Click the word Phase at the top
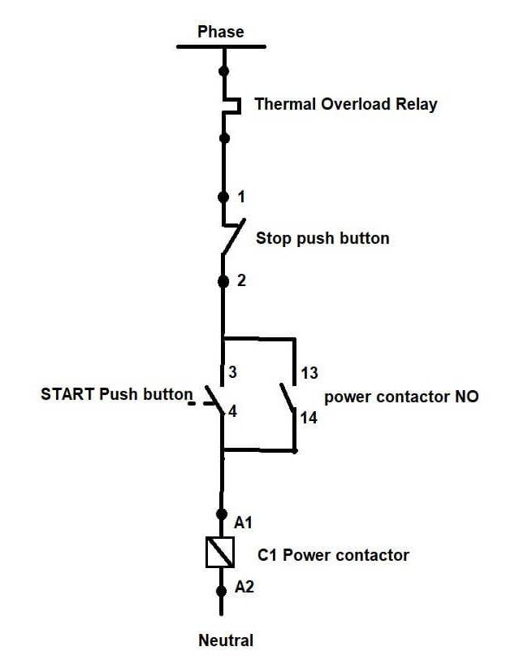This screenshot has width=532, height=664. pyautogui.click(x=220, y=32)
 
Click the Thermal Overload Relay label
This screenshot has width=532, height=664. pyautogui.click(x=345, y=104)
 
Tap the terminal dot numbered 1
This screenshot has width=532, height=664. pyautogui.click(x=223, y=197)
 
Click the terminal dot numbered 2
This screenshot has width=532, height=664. pyautogui.click(x=223, y=281)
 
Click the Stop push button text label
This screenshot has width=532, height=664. pyautogui.click(x=322, y=238)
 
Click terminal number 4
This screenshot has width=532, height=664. pyautogui.click(x=233, y=411)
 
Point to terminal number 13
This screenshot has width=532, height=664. pyautogui.click(x=309, y=373)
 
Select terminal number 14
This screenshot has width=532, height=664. pyautogui.click(x=309, y=418)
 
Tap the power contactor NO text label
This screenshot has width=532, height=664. pyautogui.click(x=401, y=397)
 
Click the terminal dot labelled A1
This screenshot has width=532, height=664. pyautogui.click(x=221, y=514)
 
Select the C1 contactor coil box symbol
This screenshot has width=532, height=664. pyautogui.click(x=220, y=553)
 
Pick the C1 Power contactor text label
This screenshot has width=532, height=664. pyautogui.click(x=333, y=556)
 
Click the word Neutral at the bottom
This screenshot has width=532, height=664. pyautogui.click(x=226, y=640)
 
